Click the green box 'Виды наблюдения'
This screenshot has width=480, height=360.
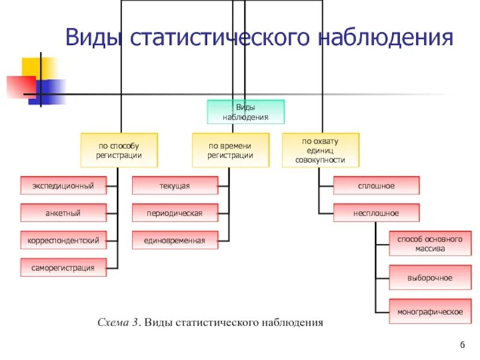click(x=245, y=112)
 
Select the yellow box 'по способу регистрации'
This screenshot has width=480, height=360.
click(x=119, y=150)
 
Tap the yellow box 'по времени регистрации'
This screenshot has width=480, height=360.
click(x=230, y=150)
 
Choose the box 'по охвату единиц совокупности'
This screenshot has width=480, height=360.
click(x=320, y=150)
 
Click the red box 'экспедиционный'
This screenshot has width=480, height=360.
click(x=63, y=186)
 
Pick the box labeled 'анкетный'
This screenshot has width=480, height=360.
click(x=63, y=213)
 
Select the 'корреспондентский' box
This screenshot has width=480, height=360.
click(x=63, y=241)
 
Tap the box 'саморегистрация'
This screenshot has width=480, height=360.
click(x=63, y=268)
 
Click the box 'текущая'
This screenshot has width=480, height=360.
click(x=175, y=186)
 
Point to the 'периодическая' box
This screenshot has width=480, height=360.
click(x=175, y=213)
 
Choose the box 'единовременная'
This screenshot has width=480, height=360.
click(x=175, y=241)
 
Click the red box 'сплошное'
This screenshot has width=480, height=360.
click(x=376, y=186)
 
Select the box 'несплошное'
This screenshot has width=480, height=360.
click(x=376, y=213)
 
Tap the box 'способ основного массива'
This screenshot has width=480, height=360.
click(x=429, y=244)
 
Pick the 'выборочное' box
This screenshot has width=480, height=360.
click(x=429, y=278)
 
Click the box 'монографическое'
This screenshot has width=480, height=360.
click(x=429, y=311)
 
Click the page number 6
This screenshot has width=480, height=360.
click(x=463, y=344)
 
